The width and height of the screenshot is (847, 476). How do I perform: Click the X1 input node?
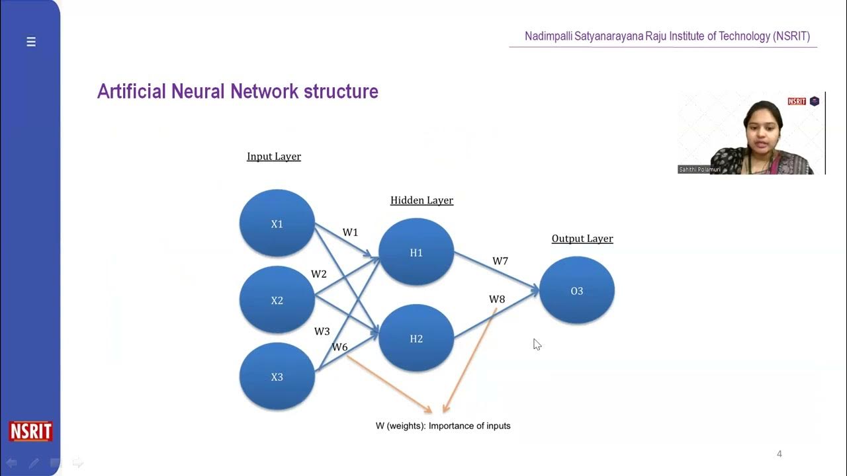[277, 223]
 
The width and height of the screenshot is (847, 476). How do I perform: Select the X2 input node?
[277, 300]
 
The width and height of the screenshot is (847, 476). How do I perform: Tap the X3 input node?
[277, 377]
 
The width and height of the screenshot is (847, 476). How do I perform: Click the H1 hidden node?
[416, 253]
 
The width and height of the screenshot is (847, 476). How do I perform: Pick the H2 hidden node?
[416, 338]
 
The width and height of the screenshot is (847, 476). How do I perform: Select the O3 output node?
[576, 291]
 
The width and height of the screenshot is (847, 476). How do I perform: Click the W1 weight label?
[350, 233]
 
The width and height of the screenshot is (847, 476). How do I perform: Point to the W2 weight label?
[319, 274]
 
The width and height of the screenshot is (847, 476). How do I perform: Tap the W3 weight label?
[322, 331]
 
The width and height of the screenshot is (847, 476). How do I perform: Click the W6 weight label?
[339, 347]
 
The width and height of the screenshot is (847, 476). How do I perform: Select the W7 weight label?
[500, 261]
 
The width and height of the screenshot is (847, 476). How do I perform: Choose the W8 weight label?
[497, 299]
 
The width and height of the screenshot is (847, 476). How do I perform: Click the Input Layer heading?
[274, 157]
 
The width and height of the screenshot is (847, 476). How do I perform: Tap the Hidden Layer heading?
[422, 200]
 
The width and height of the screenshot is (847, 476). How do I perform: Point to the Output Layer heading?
[582, 239]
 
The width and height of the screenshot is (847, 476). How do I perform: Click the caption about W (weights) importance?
[443, 426]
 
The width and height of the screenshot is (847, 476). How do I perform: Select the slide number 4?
[780, 454]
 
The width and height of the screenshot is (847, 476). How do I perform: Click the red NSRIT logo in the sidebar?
[30, 431]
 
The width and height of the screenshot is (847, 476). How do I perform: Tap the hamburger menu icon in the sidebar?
[30, 42]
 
